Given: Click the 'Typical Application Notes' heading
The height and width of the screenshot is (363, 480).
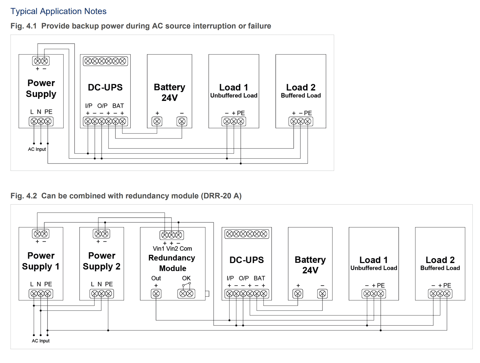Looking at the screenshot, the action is tap(59, 11).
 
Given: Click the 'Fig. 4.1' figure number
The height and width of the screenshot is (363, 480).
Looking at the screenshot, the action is tap(24, 26).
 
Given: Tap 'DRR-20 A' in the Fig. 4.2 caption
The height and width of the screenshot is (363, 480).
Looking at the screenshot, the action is tap(221, 195).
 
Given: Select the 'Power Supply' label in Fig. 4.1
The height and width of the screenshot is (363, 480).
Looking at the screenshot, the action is tap(41, 88).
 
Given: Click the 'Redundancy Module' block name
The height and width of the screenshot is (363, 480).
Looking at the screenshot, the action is tap(172, 263).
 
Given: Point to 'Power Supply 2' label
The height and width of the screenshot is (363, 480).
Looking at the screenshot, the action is tap(101, 261).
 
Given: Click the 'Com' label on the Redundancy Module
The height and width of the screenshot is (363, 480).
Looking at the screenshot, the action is tap(186, 248).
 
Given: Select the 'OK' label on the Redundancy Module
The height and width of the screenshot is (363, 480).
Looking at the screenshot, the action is tap(186, 278).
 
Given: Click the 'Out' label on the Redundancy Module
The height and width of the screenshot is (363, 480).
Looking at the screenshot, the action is tap(156, 278).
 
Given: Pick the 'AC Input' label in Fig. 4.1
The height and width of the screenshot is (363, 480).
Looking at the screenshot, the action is tap(37, 149).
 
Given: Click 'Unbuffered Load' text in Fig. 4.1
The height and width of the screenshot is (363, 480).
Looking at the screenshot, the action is tap(234, 95).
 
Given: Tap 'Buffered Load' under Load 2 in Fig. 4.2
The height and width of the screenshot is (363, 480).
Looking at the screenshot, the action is tap(440, 268).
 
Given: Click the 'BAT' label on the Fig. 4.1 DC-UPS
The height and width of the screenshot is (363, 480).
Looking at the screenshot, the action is tap(118, 106).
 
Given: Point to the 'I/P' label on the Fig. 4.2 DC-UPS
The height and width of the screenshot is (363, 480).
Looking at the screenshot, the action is tap(230, 278).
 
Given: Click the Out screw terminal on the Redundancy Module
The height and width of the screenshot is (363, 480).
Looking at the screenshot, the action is tap(156, 294).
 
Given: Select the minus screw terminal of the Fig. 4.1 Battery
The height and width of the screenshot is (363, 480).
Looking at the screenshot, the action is tap(182, 121).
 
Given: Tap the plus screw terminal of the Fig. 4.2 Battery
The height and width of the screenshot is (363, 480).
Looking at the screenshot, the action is tap(298, 294).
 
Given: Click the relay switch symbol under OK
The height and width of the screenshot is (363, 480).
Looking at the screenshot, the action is tap(186, 284).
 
